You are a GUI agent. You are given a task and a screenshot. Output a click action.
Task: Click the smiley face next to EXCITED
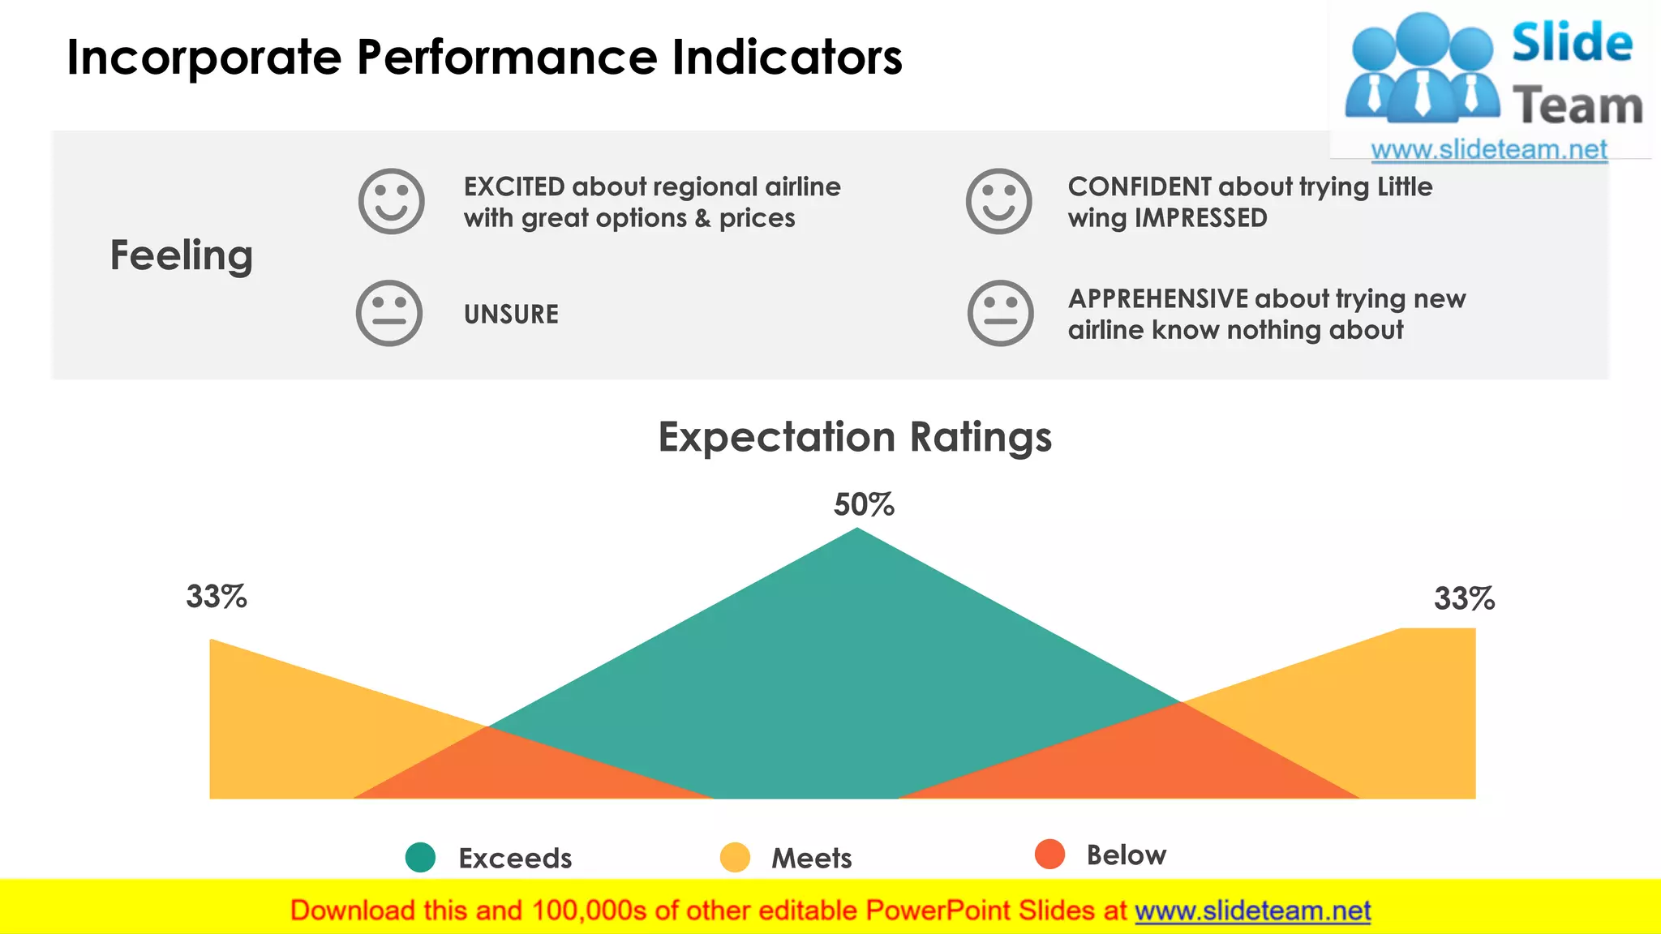click(x=391, y=201)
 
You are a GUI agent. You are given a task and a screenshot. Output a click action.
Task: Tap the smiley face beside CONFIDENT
click(x=998, y=201)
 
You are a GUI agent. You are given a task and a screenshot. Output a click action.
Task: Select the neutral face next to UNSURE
click(x=389, y=313)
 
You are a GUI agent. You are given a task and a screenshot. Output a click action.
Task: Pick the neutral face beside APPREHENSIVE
click(x=1000, y=313)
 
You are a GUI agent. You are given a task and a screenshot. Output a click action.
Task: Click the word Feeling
click(x=182, y=255)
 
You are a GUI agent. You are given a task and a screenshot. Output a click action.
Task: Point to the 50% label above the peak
click(x=864, y=504)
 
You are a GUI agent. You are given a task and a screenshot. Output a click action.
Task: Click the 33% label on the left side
click(x=217, y=597)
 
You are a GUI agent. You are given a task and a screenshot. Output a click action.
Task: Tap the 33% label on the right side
click(x=1464, y=599)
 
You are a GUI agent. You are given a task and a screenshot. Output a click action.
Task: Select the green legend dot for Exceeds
click(x=420, y=857)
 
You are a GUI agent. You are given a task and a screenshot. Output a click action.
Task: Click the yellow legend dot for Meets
click(x=735, y=857)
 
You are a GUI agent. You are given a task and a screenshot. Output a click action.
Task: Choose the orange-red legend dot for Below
click(x=1049, y=854)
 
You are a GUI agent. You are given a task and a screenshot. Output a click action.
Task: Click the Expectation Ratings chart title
click(x=855, y=437)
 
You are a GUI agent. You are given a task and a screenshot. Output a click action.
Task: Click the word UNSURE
click(x=511, y=315)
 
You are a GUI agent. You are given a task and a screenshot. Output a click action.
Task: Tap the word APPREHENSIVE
click(x=1158, y=299)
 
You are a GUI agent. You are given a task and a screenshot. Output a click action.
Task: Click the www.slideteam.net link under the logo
click(x=1488, y=150)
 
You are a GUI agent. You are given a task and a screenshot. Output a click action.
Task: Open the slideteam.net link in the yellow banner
click(x=1252, y=910)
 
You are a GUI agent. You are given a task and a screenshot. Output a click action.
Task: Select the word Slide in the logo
click(x=1572, y=42)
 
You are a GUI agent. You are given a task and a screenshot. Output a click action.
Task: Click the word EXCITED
click(x=514, y=187)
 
